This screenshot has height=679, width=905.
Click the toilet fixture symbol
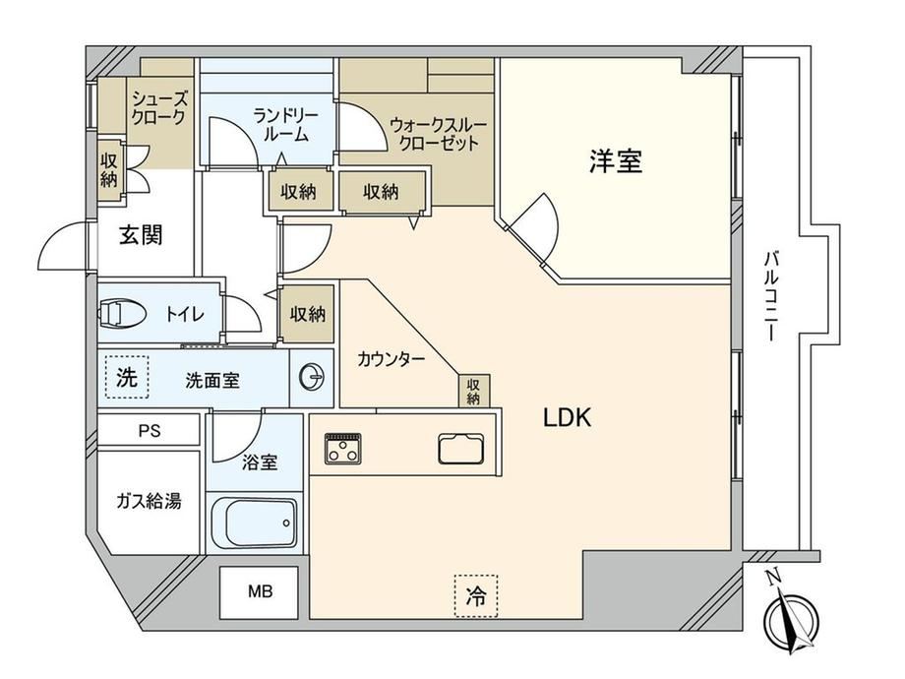click(122, 314)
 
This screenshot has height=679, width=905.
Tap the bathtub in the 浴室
click(255, 524)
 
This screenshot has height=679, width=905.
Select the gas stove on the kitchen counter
click(343, 448)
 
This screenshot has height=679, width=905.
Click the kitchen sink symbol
click(460, 449)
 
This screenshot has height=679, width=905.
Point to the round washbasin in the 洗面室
click(312, 378)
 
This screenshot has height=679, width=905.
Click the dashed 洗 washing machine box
click(127, 377)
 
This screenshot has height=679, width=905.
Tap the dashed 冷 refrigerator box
click(476, 596)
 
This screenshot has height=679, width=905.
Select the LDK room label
click(567, 417)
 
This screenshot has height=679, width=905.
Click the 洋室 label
click(616, 160)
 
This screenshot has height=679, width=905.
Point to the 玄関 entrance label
click(141, 235)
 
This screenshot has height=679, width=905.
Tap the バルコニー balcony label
click(771, 296)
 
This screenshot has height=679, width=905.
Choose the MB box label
click(261, 591)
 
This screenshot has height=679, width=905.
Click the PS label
click(150, 431)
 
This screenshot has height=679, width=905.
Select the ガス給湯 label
click(149, 500)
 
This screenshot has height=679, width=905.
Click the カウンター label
click(391, 360)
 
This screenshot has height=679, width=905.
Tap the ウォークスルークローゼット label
click(439, 134)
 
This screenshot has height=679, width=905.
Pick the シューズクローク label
click(159, 107)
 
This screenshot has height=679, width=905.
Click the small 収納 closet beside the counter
click(474, 391)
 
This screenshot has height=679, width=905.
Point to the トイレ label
click(185, 314)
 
